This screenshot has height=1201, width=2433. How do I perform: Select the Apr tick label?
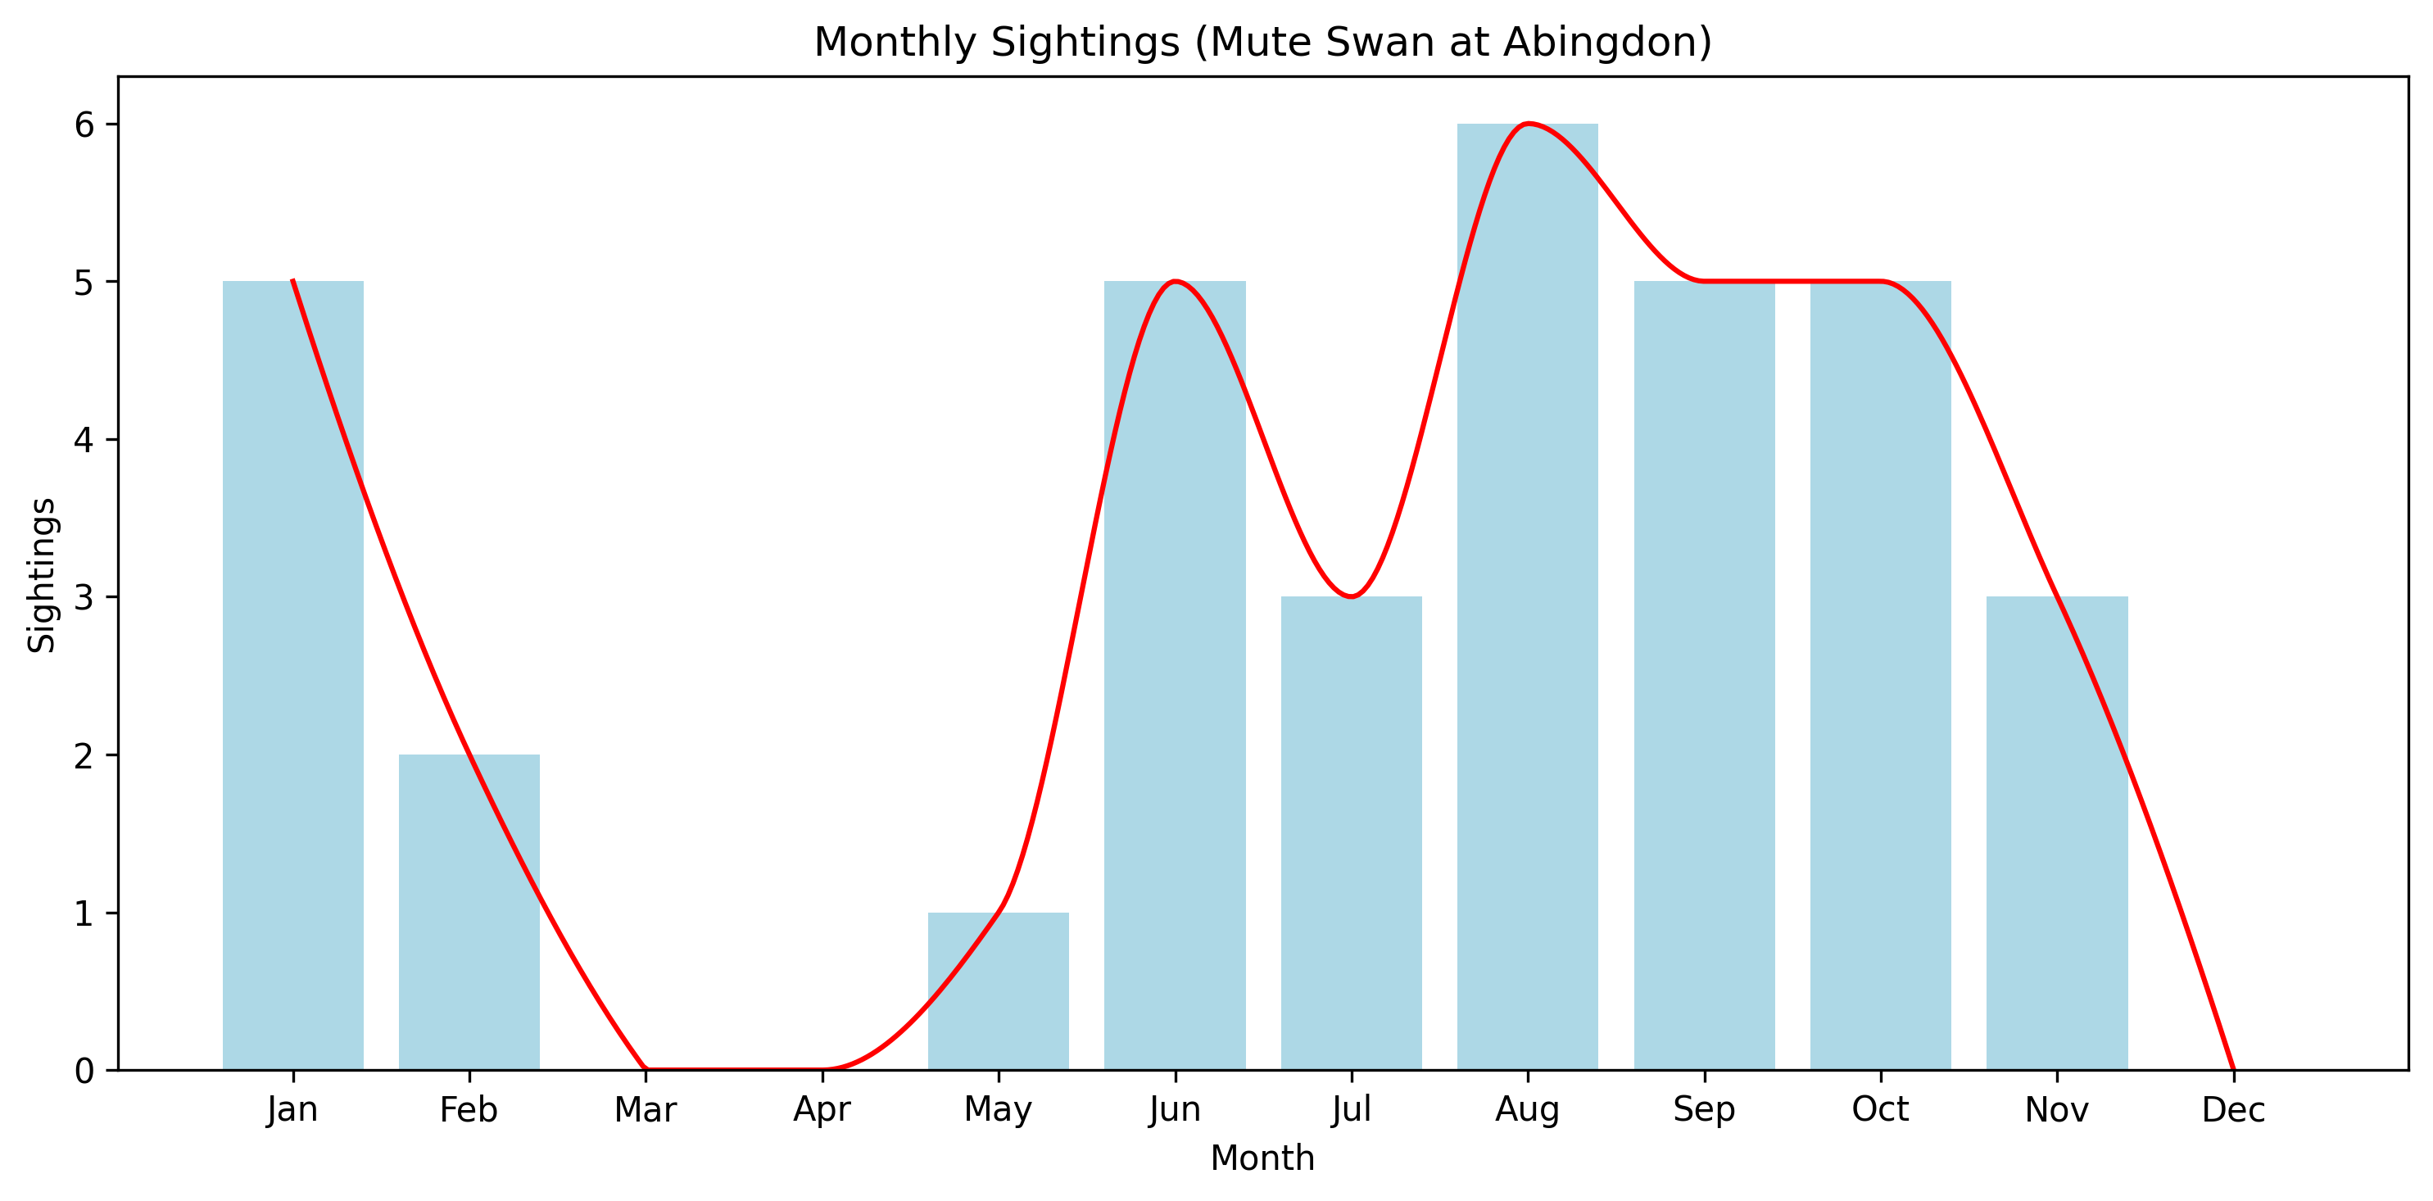822,1109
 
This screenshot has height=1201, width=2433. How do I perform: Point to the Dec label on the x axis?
2233,1109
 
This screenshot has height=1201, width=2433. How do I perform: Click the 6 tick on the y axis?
85,125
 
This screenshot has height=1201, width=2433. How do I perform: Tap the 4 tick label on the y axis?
85,440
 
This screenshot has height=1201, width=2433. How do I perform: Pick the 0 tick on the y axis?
85,1071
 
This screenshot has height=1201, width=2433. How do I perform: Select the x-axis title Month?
1262,1158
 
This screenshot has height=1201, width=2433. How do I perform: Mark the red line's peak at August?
1527,124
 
